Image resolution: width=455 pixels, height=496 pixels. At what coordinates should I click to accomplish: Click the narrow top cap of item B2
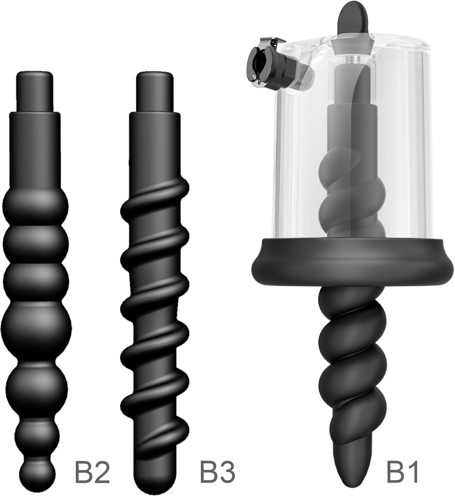tap(34, 91)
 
